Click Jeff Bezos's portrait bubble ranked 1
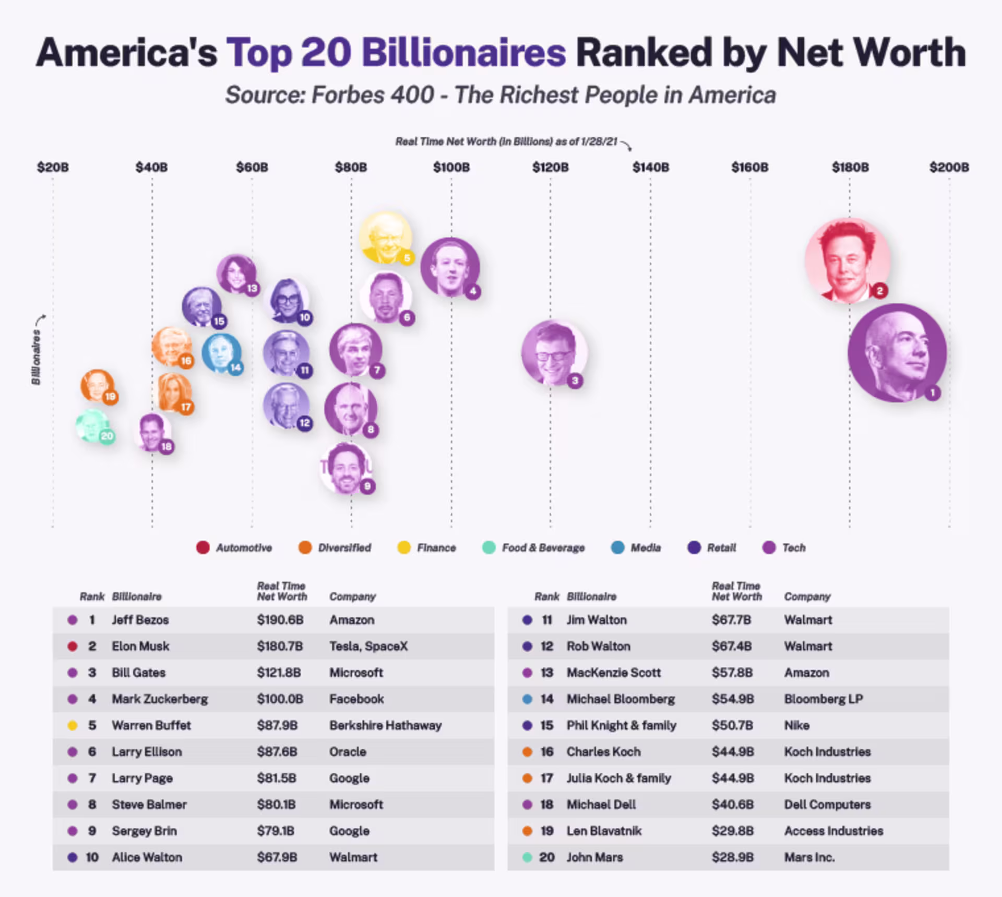click(897, 353)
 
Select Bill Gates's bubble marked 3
click(553, 352)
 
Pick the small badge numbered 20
click(107, 436)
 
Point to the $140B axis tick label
click(650, 168)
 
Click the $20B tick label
click(53, 168)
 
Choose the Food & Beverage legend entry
click(543, 548)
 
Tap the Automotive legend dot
click(203, 548)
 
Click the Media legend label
click(646, 548)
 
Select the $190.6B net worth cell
click(280, 620)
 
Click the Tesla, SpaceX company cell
click(368, 646)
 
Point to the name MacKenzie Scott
click(614, 672)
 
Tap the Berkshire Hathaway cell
click(385, 725)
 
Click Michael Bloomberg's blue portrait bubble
click(221, 353)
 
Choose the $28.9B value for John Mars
click(732, 857)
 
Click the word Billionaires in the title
click(463, 53)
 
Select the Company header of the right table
click(807, 596)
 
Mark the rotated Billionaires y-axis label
click(36, 357)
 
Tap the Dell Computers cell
click(827, 805)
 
